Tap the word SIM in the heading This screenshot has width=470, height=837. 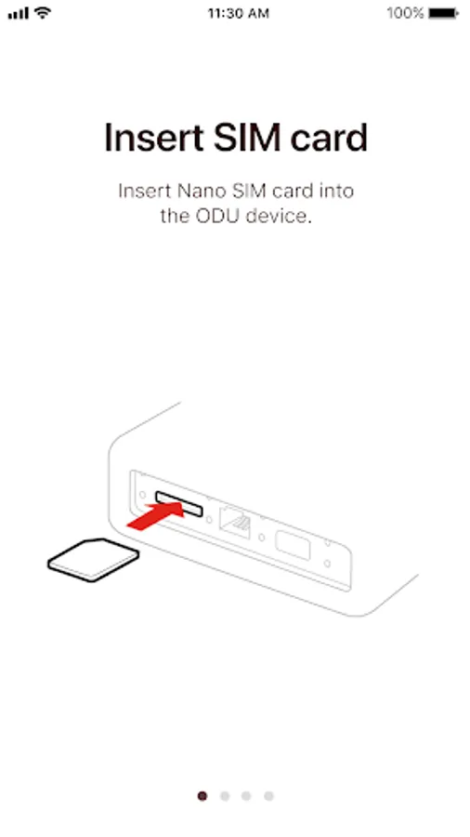247,138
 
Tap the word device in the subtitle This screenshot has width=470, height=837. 279,216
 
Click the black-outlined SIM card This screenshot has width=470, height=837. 93,559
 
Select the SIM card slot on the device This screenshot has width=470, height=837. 179,504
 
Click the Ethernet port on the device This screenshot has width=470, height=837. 235,521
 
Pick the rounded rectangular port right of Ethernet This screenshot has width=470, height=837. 293,545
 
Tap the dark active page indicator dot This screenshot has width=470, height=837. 202,796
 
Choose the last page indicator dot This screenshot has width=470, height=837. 268,796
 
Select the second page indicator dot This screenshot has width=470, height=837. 225,796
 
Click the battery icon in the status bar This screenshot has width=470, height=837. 443,13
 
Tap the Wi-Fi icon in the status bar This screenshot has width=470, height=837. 43,13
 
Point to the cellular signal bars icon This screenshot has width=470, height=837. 19,13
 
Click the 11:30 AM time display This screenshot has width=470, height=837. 238,13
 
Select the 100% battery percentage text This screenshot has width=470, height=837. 405,13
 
